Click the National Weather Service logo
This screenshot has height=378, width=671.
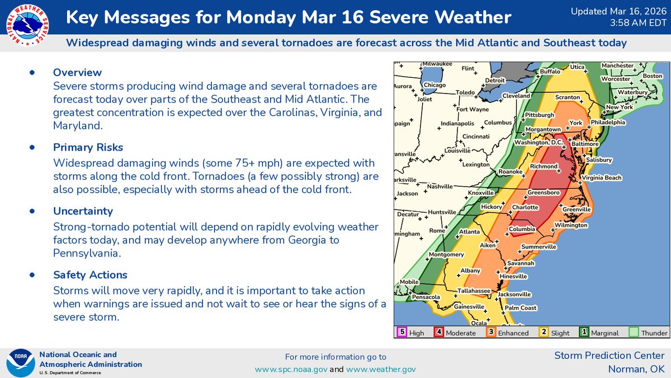26,26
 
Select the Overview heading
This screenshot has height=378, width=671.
77,72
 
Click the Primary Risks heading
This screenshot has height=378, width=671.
88,147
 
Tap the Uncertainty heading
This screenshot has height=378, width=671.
83,211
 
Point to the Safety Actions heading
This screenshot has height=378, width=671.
90,275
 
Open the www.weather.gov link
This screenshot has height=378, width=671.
381,369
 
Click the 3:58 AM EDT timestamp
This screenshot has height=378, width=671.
637,22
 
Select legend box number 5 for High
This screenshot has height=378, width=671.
401,332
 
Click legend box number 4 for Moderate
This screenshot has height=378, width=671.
439,332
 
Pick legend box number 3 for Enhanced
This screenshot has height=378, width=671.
490,332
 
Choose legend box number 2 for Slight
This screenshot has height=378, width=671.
543,332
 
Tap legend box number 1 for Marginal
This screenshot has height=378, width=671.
584,332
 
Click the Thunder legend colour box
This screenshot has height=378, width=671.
634,332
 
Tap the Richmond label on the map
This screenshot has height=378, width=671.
544,166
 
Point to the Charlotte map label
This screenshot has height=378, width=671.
525,207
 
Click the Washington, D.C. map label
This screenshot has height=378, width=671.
538,142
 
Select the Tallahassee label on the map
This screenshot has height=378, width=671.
472,291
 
